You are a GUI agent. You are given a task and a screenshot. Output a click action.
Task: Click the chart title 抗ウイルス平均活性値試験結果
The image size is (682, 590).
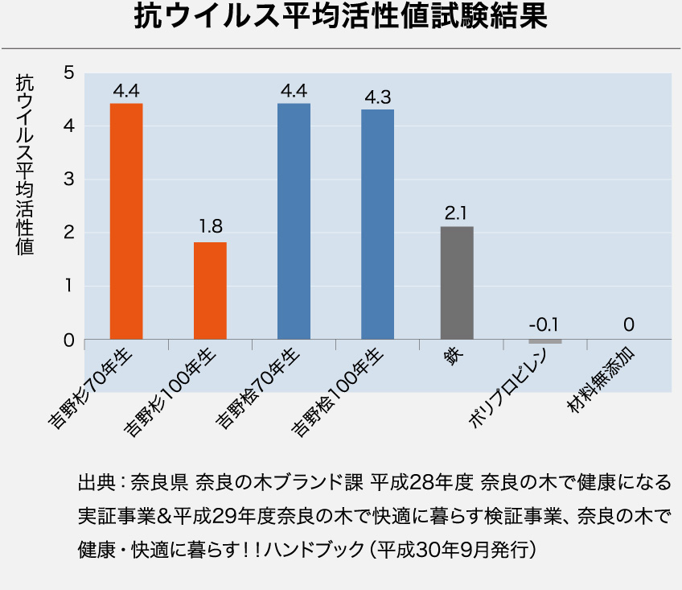click(341, 18)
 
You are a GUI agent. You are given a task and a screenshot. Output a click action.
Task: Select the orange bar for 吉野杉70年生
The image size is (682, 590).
click(126, 221)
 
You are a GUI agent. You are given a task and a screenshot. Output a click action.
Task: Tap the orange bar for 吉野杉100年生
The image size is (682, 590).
click(210, 291)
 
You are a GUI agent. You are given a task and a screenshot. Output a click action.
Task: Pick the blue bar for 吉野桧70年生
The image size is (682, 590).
click(294, 221)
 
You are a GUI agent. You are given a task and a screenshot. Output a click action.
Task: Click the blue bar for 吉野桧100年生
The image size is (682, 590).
click(377, 225)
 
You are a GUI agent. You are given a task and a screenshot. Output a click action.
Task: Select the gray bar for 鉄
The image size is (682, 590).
click(457, 283)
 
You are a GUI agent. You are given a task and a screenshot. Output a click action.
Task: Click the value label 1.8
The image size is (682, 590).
click(211, 225)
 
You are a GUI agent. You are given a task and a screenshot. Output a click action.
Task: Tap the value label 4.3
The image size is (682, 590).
click(377, 97)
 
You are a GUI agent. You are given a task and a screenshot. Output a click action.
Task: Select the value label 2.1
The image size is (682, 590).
click(456, 213)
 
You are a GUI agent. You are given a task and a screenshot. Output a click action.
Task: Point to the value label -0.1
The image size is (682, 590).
click(544, 325)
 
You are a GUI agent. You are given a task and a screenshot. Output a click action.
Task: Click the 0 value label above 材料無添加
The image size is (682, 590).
click(629, 325)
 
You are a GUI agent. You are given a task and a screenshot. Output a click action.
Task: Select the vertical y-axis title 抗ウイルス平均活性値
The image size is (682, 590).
click(25, 166)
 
